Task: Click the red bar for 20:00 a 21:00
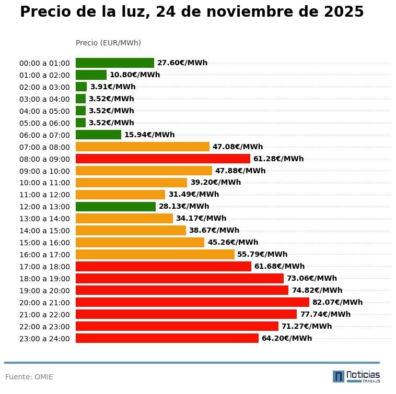[192, 302]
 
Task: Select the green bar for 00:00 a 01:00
[115, 63]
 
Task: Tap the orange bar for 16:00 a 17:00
[155, 255]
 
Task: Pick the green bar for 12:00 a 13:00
[115, 207]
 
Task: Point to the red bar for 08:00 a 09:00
[163, 159]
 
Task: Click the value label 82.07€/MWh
[337, 303]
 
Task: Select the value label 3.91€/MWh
[113, 87]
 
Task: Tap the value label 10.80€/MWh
[135, 75]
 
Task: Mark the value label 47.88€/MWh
[240, 171]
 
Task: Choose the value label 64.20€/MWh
[287, 338]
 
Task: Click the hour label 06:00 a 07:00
[44, 135]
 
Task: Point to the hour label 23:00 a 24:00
[44, 339]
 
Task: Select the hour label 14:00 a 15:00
[44, 231]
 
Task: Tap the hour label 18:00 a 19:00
[44, 279]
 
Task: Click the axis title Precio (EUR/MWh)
[108, 43]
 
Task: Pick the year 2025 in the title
[343, 12]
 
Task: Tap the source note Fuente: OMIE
[29, 377]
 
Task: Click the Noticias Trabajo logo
[356, 376]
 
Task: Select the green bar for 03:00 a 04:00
[80, 99]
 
